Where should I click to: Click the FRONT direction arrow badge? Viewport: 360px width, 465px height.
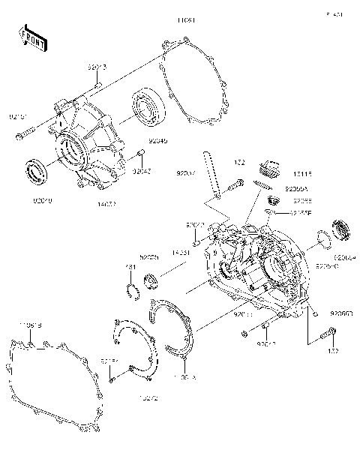[32, 38]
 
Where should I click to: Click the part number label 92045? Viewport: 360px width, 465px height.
[158, 140]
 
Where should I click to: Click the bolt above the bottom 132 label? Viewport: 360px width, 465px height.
[327, 334]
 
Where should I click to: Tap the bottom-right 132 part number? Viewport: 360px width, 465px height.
[333, 351]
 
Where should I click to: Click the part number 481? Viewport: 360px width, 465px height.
[130, 268]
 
